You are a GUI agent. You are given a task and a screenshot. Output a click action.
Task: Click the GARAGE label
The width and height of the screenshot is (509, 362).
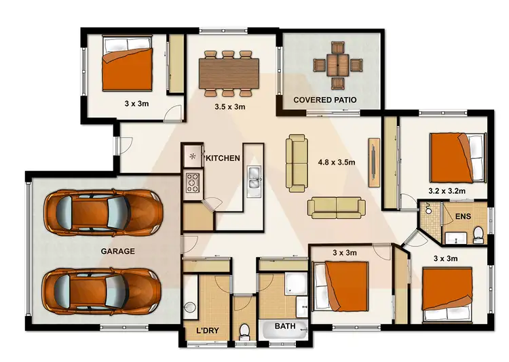click(x=118, y=251)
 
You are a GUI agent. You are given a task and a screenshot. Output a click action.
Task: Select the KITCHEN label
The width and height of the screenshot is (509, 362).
click(x=223, y=158)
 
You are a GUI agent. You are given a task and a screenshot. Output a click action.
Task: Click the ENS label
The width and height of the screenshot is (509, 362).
click(x=461, y=218)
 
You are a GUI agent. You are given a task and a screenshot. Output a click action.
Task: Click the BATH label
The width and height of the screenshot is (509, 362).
click(x=285, y=327)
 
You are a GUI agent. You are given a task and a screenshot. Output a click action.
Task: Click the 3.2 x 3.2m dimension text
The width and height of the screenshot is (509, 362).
click(x=447, y=191)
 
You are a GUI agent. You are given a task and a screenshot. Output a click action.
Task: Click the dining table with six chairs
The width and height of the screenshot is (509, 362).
click(x=229, y=73)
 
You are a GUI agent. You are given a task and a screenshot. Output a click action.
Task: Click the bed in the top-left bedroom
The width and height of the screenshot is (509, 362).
click(x=126, y=62)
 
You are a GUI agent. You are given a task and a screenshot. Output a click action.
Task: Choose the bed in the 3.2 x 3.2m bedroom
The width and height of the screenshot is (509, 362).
click(x=457, y=156)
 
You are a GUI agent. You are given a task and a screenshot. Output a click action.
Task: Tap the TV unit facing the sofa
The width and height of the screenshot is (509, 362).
click(x=373, y=162)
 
